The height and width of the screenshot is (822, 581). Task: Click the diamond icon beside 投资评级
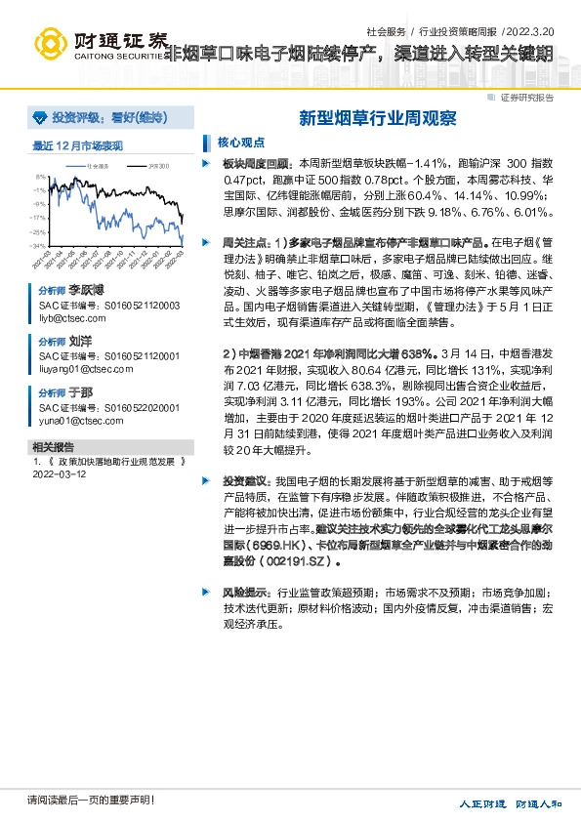41,117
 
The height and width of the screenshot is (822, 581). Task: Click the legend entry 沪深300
158,167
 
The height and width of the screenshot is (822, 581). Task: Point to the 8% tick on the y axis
39,177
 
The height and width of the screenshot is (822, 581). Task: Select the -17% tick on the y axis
37,218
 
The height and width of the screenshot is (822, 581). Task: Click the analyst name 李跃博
86,291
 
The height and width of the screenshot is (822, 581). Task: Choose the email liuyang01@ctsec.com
78,369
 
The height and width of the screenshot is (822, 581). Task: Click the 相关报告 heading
51,446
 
